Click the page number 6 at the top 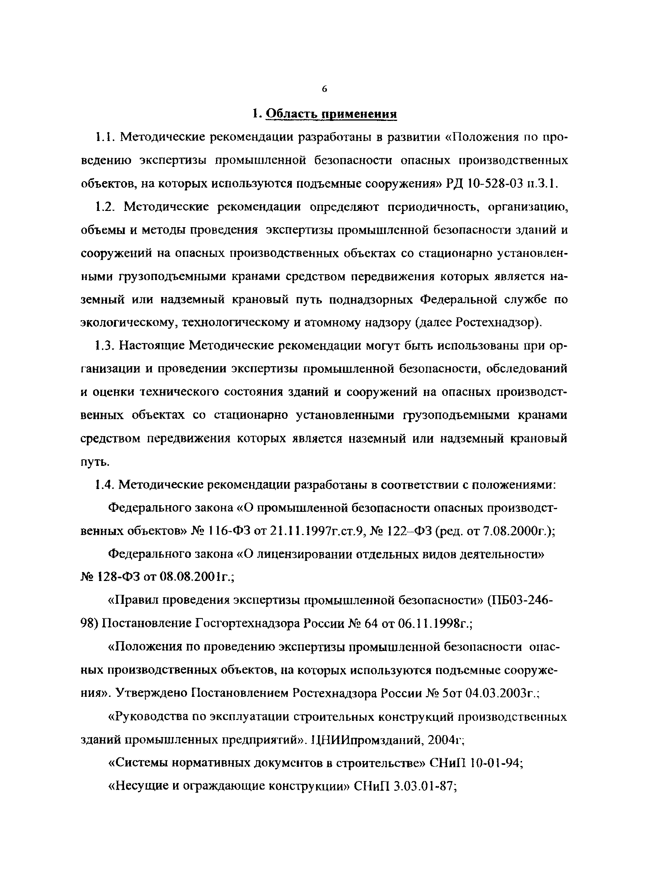[324, 90]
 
